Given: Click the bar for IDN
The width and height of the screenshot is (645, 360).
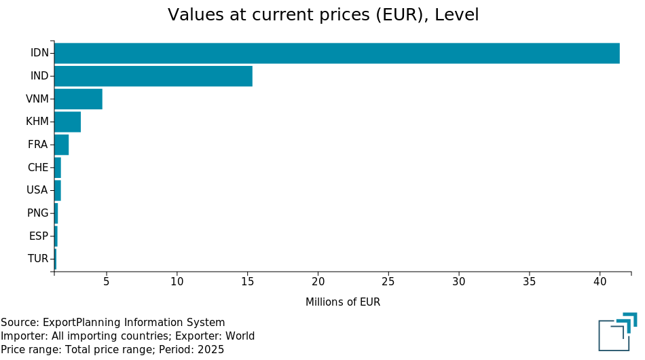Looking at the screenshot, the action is pyautogui.click(x=337, y=53).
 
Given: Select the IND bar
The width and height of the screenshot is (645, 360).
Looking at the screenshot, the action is pyautogui.click(x=153, y=76).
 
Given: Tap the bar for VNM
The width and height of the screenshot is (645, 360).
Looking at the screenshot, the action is pyautogui.click(x=78, y=98).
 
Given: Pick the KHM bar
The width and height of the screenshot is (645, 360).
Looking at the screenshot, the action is pyautogui.click(x=67, y=122).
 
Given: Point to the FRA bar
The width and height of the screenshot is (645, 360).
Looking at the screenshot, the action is pyautogui.click(x=62, y=145).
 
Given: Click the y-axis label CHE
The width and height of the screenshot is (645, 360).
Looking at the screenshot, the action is pyautogui.click(x=38, y=168).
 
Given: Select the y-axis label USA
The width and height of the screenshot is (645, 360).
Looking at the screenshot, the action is pyautogui.click(x=37, y=190).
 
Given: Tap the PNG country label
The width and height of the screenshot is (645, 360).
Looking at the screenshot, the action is pyautogui.click(x=38, y=213).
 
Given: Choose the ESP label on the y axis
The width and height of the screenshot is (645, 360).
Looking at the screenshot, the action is pyautogui.click(x=39, y=236).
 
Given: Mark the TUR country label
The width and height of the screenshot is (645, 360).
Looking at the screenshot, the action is pyautogui.click(x=38, y=259).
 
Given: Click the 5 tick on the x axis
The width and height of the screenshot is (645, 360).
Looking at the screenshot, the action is pyautogui.click(x=106, y=282).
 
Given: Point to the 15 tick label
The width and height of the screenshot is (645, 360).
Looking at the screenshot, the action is pyautogui.click(x=247, y=282).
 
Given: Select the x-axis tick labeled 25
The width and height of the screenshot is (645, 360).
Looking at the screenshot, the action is pyautogui.click(x=388, y=282).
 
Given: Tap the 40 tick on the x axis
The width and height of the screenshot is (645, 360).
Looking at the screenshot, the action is pyautogui.click(x=600, y=282).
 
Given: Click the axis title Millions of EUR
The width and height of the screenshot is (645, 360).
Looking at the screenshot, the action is pyautogui.click(x=343, y=302).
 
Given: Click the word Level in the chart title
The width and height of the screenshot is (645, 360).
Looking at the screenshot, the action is pyautogui.click(x=457, y=15).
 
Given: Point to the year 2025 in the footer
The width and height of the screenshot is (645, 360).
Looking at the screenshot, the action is pyautogui.click(x=210, y=350).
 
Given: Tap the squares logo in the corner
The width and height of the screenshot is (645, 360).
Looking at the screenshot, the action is pyautogui.click(x=618, y=331).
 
